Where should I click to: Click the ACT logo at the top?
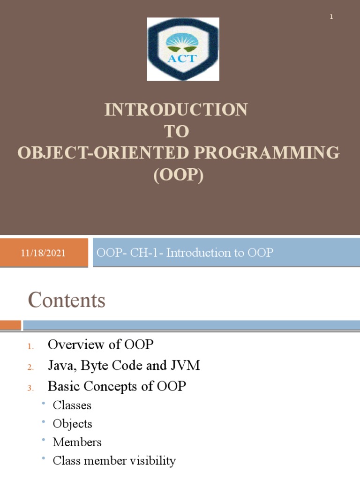(183, 49)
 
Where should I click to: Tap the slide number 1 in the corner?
(331, 17)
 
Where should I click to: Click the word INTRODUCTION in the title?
(176, 110)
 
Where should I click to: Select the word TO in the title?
(176, 132)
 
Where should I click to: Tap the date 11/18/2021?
(44, 253)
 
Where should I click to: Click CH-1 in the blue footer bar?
(143, 253)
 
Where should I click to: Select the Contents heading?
(67, 300)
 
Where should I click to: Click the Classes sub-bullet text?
(72, 405)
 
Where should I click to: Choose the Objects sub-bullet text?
(72, 424)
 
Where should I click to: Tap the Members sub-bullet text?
(77, 442)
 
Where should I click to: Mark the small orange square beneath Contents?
(10, 325)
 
